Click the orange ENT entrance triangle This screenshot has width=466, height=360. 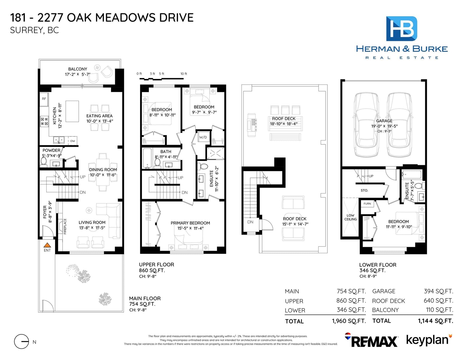point(47,245)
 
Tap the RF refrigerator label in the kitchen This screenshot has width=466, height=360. point(44,99)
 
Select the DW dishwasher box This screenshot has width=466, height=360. point(73,141)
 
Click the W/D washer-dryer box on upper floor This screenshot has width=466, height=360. point(203,137)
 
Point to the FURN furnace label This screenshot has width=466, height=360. point(367,203)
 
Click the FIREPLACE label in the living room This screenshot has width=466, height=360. point(65,226)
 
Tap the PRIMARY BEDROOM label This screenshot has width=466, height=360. point(190,223)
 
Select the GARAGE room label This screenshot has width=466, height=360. point(384,121)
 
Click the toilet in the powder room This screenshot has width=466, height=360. point(43,162)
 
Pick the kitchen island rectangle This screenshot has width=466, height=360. point(72,111)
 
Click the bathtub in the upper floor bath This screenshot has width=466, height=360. point(147,158)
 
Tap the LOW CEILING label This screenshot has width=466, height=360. point(350,217)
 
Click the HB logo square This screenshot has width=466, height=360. point(402,29)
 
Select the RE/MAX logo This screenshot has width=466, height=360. point(371,341)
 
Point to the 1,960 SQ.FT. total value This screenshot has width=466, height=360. point(349,321)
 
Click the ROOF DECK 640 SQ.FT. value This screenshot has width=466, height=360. point(438,301)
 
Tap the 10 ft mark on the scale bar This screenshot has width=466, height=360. point(183,74)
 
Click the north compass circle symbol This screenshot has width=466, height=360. point(22,342)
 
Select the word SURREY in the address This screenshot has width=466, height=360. point(27,30)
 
